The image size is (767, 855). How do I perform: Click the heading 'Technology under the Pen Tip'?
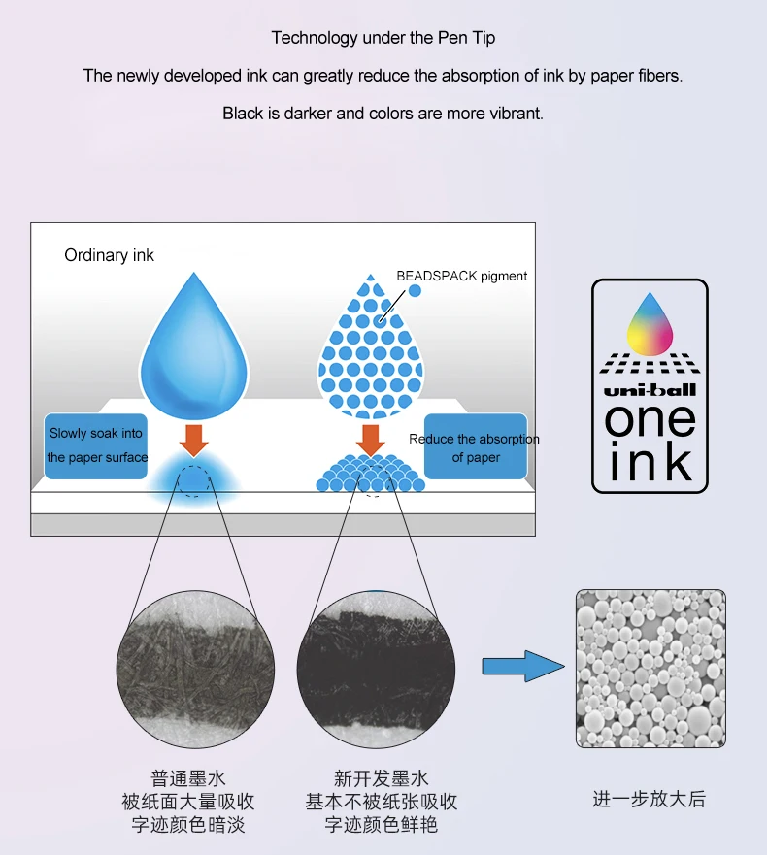click(x=383, y=38)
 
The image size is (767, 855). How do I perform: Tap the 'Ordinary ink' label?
click(x=109, y=255)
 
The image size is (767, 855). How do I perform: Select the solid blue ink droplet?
click(x=194, y=345)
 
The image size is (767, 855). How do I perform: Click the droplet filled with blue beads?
click(x=371, y=345)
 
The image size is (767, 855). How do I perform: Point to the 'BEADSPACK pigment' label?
click(x=461, y=276)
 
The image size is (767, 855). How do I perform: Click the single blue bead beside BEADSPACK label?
click(x=415, y=290)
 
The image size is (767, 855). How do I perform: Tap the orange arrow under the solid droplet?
click(x=193, y=441)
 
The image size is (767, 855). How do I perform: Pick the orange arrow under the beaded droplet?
click(x=371, y=441)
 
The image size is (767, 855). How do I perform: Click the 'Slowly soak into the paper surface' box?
click(x=96, y=446)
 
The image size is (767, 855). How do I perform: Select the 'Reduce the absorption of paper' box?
click(x=476, y=446)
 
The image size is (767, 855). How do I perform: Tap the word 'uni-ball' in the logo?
click(x=650, y=390)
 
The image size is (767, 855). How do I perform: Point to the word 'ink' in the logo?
click(x=650, y=461)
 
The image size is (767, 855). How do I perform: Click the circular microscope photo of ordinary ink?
click(x=195, y=669)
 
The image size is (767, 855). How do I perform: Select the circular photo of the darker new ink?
click(x=376, y=669)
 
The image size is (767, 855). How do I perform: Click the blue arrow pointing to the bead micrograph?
click(x=523, y=666)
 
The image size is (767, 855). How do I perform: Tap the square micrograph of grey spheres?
click(x=650, y=669)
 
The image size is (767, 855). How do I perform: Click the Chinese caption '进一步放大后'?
click(x=650, y=799)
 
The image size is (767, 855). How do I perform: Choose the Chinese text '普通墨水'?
click(x=188, y=778)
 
